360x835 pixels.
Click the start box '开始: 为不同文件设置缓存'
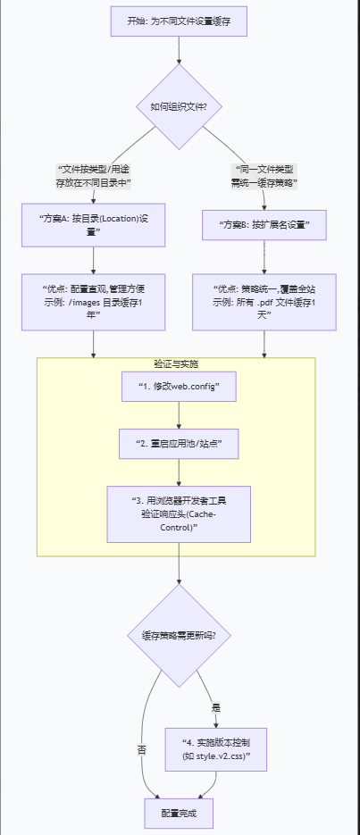[179, 21]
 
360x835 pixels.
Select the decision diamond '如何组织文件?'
[179, 106]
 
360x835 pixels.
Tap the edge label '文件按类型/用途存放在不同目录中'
[94, 175]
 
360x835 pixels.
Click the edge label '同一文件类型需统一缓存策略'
[264, 175]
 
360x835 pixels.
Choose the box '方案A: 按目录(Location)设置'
[94, 224]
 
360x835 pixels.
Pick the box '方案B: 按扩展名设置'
[264, 223]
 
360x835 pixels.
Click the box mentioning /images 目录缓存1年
[94, 301]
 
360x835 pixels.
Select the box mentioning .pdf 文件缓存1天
[264, 301]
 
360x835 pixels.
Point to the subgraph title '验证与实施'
[176, 364]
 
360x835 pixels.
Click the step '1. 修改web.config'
[179, 386]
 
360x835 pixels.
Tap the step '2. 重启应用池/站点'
[179, 443]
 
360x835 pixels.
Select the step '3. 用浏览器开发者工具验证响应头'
[179, 514]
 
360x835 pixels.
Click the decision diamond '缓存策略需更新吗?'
[179, 635]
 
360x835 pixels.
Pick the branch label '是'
[215, 706]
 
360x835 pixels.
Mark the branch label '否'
[141, 750]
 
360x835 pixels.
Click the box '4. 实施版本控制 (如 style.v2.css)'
[216, 748]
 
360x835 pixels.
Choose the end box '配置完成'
[179, 814]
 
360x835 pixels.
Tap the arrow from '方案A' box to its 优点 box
[94, 260]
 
